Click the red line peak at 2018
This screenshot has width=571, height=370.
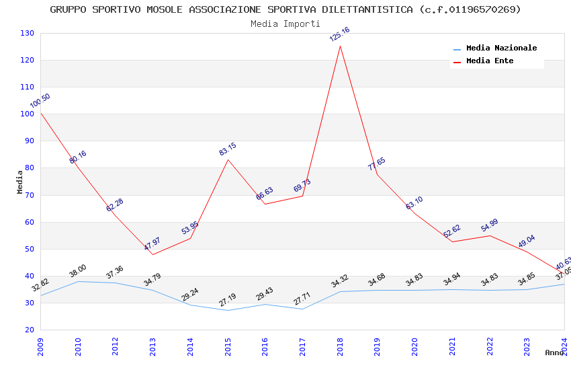[x=340, y=46]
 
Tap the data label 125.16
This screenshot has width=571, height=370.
[x=339, y=34]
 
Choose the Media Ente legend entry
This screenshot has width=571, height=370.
[x=489, y=61]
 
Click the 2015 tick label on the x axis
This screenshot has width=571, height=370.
[x=228, y=345]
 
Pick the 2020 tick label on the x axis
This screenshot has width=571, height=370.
[x=414, y=345]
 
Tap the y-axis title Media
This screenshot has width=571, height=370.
[x=19, y=182]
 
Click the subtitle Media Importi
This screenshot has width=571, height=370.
[x=285, y=24]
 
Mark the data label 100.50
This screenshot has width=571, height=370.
[x=40, y=101]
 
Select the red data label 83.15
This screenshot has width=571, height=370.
[x=228, y=149]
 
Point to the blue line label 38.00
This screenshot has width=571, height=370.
[x=78, y=270]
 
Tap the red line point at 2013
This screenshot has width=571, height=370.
[x=152, y=254]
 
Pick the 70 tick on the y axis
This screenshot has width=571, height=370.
[x=30, y=195]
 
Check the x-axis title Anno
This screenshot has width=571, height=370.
[x=554, y=353]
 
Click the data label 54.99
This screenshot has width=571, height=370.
[x=490, y=225]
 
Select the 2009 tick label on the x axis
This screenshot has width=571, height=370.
[x=40, y=345]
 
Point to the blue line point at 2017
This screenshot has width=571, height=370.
[x=302, y=309]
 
